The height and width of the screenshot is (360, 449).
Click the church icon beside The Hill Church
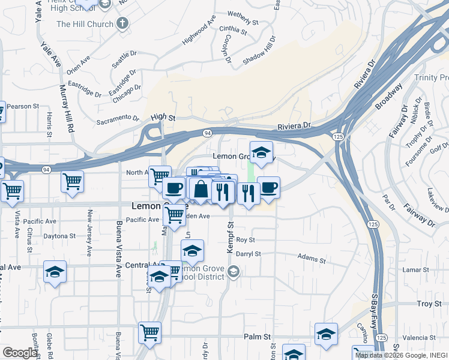pyautogui.click(x=122, y=24)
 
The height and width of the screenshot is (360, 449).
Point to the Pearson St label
pyautogui.click(x=23, y=106)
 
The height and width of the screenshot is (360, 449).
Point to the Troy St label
pyautogui.click(x=429, y=304)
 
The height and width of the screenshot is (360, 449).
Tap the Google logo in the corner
pyautogui.click(x=19, y=353)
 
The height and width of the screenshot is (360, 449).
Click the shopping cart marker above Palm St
pyautogui.click(x=149, y=332)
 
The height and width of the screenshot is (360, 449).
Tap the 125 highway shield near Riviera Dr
pyautogui.click(x=339, y=137)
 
